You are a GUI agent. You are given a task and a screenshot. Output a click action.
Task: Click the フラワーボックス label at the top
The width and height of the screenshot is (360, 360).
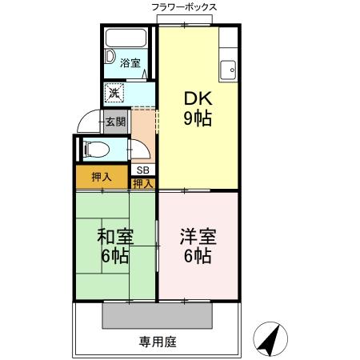pyautogui.click(x=183, y=7)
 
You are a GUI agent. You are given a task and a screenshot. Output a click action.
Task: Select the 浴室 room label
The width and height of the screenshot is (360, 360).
pyautogui.click(x=130, y=63)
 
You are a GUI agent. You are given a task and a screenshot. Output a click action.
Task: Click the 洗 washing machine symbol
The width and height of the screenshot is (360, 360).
pyautogui.click(x=114, y=93)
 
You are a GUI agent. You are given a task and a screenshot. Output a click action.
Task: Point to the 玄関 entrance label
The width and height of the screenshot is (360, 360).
pyautogui.click(x=115, y=122)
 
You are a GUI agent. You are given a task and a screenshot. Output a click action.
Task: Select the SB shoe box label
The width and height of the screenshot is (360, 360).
pyautogui.click(x=142, y=170)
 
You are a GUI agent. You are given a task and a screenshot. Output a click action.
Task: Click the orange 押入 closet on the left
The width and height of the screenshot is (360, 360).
pyautogui.click(x=101, y=175)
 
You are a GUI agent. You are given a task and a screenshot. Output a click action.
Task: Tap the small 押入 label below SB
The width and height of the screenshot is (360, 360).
pyautogui.click(x=142, y=184)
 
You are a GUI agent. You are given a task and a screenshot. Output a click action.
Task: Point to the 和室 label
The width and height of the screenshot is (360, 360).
pyautogui.click(x=115, y=238)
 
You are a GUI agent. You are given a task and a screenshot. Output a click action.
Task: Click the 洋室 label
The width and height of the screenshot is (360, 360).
pyautogui.click(x=198, y=238)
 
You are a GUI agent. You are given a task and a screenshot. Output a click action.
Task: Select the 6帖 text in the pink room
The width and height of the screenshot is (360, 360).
pyautogui.click(x=198, y=258)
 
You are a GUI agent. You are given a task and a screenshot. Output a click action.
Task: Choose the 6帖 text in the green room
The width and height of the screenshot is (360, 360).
pyautogui.click(x=115, y=258)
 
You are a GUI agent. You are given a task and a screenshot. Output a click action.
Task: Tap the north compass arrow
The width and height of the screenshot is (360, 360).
pyautogui.click(x=271, y=342)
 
